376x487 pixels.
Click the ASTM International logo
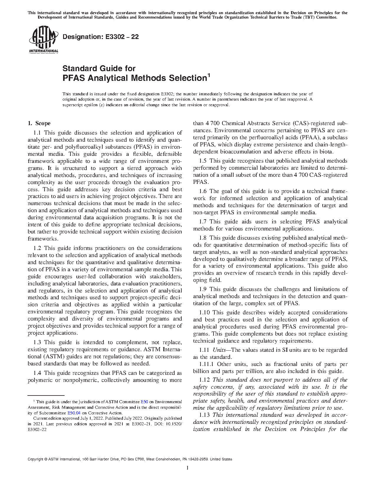pyautogui.click(x=43, y=40)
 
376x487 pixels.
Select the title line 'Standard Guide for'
pyautogui.click(x=99, y=68)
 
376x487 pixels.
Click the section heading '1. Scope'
pyautogui.click(x=39, y=123)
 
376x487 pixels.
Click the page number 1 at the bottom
pyautogui.click(x=188, y=468)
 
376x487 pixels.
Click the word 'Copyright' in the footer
pyautogui.click(x=35, y=459)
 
